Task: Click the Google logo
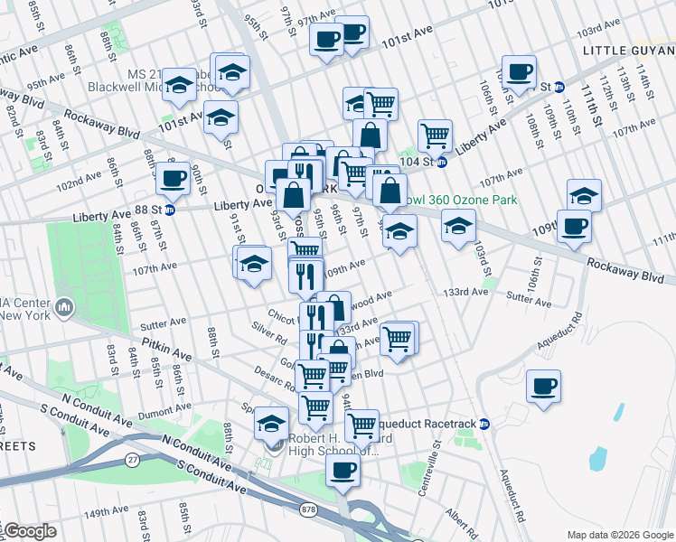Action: (x=29, y=531)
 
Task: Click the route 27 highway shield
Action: (x=133, y=460)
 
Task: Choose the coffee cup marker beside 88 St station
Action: (x=173, y=177)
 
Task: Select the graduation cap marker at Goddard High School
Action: (x=271, y=422)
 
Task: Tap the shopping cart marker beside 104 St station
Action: (x=436, y=135)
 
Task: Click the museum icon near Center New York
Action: (x=64, y=309)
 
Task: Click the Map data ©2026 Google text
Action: (x=619, y=535)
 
